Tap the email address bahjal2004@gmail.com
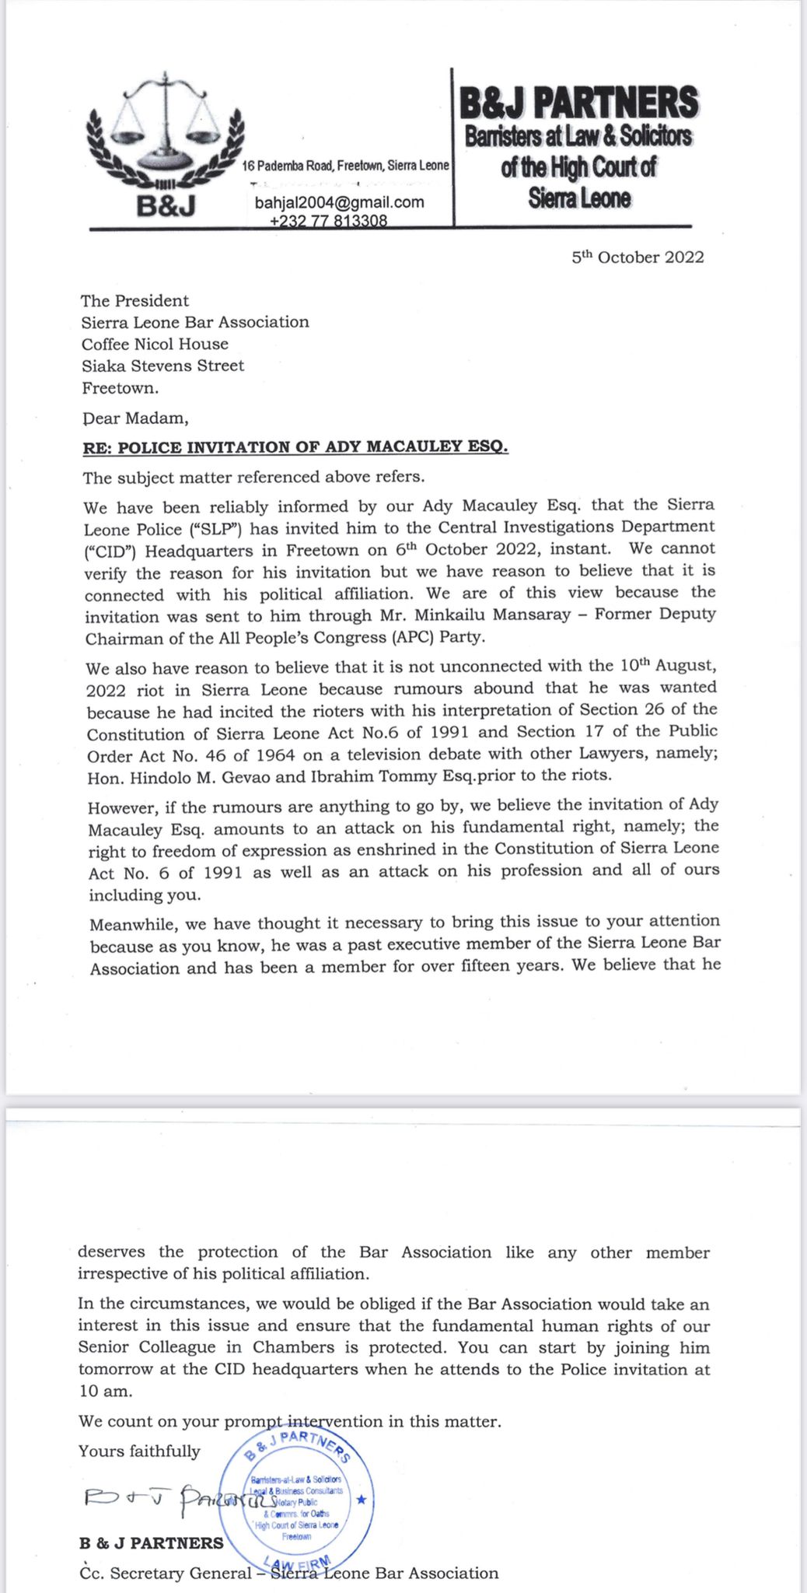tap(340, 203)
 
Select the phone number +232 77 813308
tap(328, 221)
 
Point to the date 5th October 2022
tap(638, 257)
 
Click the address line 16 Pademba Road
tap(345, 166)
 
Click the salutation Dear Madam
tap(135, 418)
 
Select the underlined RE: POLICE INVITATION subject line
tap(295, 447)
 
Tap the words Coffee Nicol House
tap(155, 344)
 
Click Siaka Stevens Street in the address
tap(162, 366)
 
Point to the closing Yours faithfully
tap(139, 1451)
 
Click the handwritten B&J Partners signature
tap(179, 1500)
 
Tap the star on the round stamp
tap(360, 1499)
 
